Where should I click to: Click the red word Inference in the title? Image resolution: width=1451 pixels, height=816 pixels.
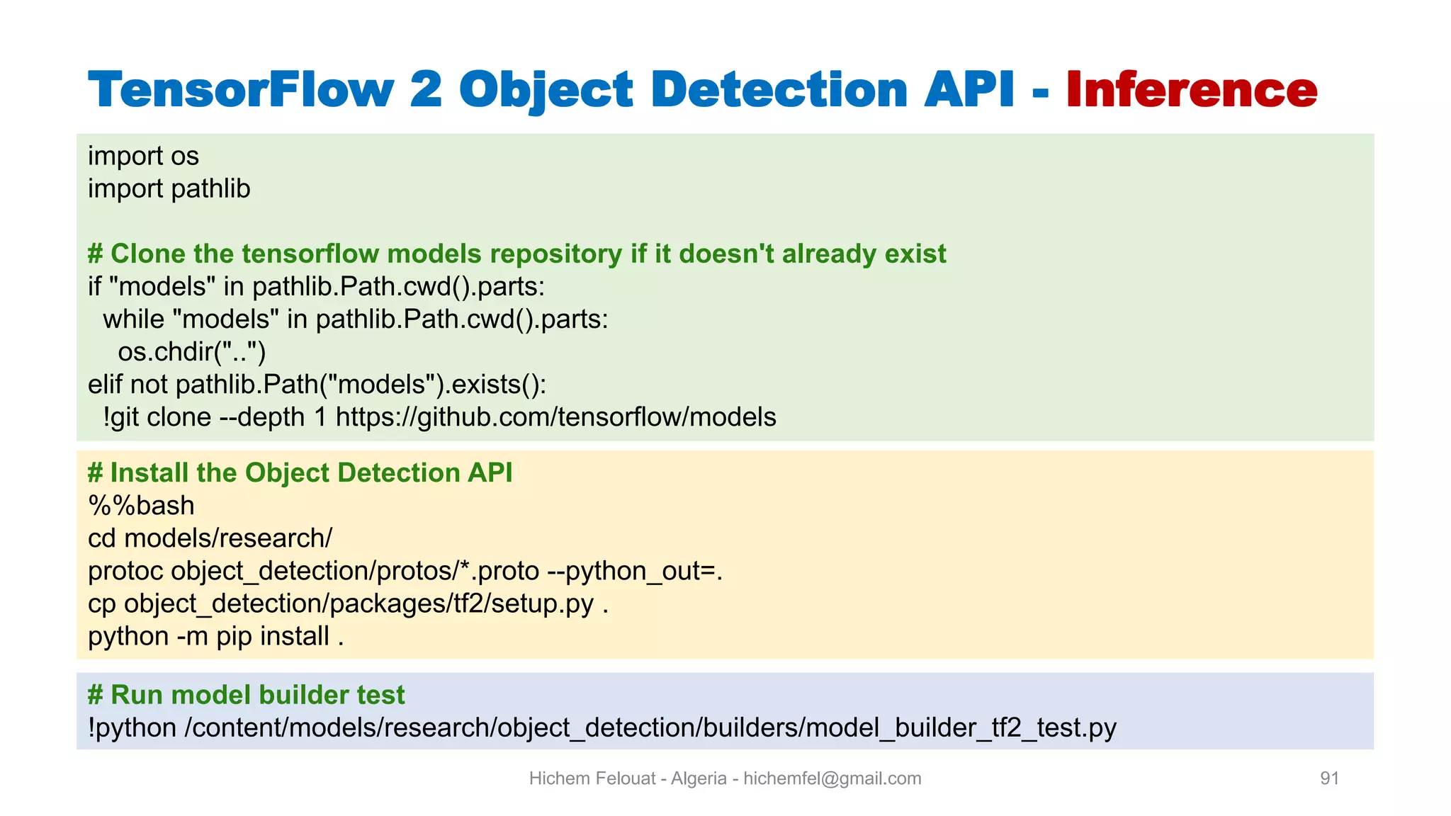[1191, 90]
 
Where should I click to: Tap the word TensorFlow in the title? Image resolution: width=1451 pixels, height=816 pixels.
[241, 90]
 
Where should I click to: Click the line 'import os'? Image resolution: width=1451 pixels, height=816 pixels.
[143, 156]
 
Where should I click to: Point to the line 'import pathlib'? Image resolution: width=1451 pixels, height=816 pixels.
[169, 189]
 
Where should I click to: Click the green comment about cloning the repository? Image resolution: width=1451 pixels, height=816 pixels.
[516, 254]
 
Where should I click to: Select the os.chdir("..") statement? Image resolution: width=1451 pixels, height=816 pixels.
[191, 352]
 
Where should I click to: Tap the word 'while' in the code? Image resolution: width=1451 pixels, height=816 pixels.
[133, 319]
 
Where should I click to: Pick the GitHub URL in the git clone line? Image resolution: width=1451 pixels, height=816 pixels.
[555, 417]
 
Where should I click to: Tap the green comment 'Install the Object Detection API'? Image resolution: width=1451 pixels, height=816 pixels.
[300, 472]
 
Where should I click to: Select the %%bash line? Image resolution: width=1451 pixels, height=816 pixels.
[141, 506]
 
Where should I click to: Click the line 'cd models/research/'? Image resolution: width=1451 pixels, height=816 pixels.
[210, 538]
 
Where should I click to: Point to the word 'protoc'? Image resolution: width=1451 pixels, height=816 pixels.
[125, 571]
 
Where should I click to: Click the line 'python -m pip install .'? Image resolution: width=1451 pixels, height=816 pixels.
[215, 636]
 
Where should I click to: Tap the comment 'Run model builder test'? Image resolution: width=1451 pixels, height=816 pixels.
[246, 695]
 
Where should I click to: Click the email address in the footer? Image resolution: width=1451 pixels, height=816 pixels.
[832, 778]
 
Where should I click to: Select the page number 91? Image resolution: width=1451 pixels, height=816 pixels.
[1329, 778]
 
